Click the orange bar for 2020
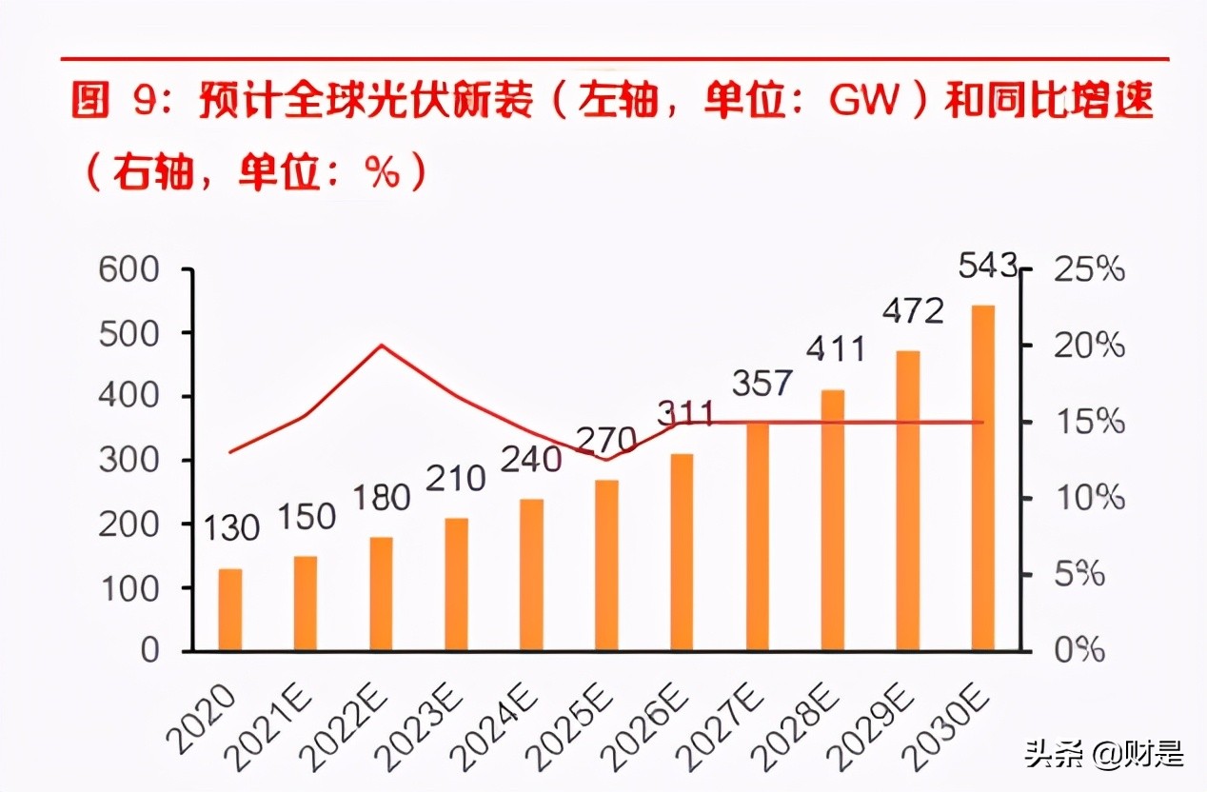[230, 609]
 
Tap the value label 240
[532, 460]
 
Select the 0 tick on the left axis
[149, 651]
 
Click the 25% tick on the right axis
[1088, 270]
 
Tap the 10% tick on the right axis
[1088, 498]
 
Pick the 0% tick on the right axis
[1078, 651]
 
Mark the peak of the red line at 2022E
[381, 345]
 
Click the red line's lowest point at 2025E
[606, 460]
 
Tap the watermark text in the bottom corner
[1104, 757]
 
